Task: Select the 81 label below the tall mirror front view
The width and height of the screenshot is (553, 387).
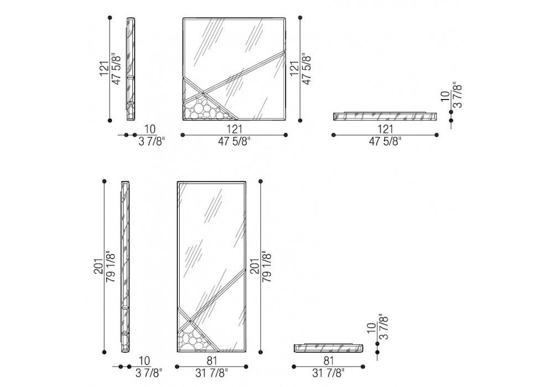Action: (x=212, y=361)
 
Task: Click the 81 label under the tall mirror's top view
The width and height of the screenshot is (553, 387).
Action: (x=328, y=361)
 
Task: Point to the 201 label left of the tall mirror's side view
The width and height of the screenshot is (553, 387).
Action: (x=99, y=266)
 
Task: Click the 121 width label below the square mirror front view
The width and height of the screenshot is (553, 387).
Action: (x=234, y=129)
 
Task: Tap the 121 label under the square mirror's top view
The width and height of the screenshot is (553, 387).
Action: (x=385, y=129)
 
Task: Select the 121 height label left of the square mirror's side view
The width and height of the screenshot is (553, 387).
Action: (x=105, y=69)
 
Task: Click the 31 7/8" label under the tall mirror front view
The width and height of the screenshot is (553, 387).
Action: (x=212, y=373)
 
